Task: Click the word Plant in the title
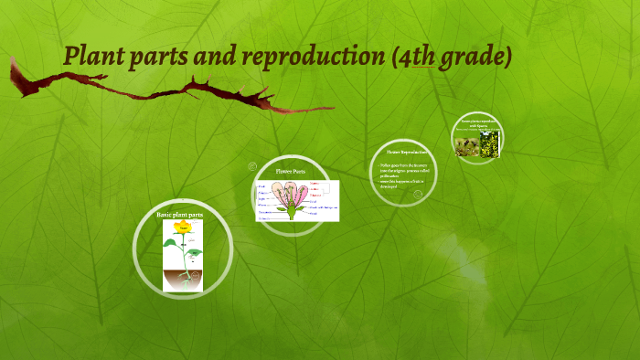[93, 57]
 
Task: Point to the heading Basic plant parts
[179, 214]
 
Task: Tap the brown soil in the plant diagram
[183, 278]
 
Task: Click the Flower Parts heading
[291, 171]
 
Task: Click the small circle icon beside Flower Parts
[251, 166]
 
